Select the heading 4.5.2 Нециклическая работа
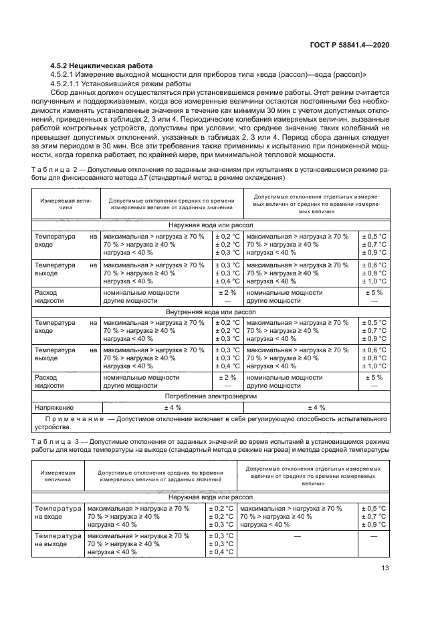click(102, 65)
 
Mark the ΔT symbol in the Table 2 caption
click(142, 178)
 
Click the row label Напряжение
click(53, 406)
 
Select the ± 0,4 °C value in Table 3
click(221, 551)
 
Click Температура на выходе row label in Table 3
click(56, 540)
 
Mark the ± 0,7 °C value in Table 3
click(373, 517)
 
